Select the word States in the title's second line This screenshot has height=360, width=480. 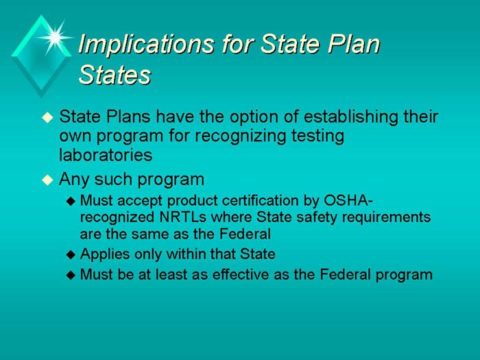pyautogui.click(x=115, y=75)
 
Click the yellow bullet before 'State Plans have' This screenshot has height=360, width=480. pyautogui.click(x=47, y=118)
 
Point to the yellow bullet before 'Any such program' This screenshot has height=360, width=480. pyautogui.click(x=47, y=181)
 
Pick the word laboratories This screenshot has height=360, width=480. pyautogui.click(x=106, y=155)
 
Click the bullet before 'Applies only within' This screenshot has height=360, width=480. pyautogui.click(x=73, y=254)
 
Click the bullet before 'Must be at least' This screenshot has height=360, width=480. pyautogui.click(x=73, y=275)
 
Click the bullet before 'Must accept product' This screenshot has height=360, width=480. pyautogui.click(x=73, y=201)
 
